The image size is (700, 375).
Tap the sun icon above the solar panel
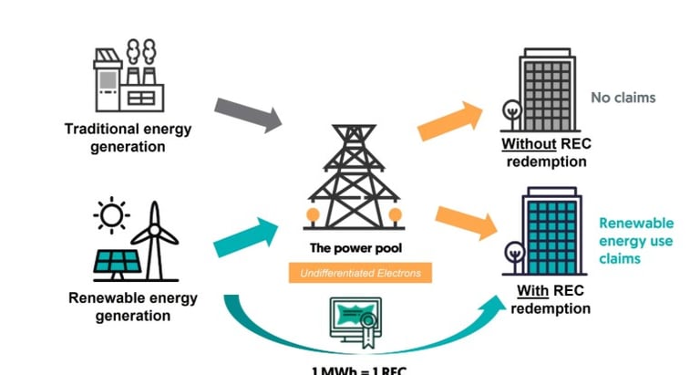111,215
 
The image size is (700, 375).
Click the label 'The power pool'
355,248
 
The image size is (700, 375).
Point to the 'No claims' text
623,98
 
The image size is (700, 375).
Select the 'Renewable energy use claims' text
635,241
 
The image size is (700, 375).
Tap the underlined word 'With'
530,292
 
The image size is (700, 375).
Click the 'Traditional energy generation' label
128,138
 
